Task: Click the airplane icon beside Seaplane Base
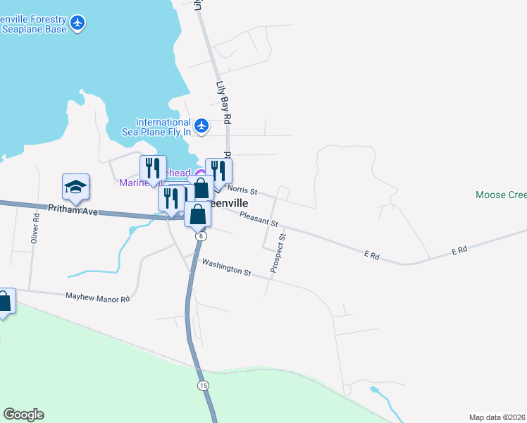tap(78, 23)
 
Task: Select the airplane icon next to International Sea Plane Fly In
tap(201, 126)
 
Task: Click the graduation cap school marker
tap(75, 187)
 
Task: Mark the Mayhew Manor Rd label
tap(98, 298)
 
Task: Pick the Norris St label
tap(244, 191)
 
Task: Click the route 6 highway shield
tap(201, 236)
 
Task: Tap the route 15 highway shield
tap(203, 385)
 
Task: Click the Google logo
tap(23, 415)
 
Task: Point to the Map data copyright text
tap(497, 417)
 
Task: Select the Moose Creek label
tap(501, 195)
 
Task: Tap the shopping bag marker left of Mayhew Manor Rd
tap(4, 302)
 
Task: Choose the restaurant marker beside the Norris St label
tap(218, 171)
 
